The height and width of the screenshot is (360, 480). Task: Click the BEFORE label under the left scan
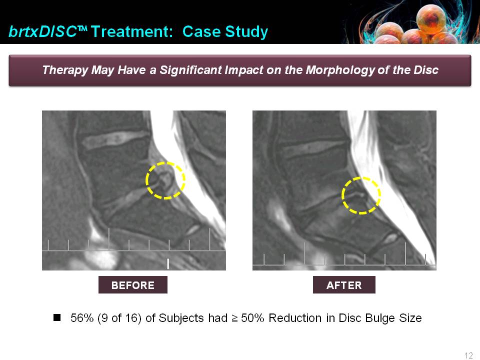click(133, 285)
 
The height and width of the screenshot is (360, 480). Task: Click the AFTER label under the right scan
click(344, 285)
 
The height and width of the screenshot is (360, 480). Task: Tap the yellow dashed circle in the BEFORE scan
click(146, 180)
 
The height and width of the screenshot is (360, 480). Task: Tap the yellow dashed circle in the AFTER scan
click(342, 195)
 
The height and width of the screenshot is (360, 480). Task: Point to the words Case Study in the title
click(225, 32)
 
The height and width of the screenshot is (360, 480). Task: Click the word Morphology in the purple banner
click(340, 70)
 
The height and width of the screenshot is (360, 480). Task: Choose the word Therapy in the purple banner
click(65, 70)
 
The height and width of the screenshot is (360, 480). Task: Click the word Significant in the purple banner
click(190, 70)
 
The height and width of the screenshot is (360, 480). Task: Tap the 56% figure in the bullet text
click(81, 318)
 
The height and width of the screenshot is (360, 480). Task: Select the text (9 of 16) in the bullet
click(119, 318)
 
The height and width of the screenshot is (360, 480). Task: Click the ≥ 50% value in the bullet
click(248, 318)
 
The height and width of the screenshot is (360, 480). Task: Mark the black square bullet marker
click(57, 317)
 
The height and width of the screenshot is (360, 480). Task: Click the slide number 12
click(468, 355)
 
